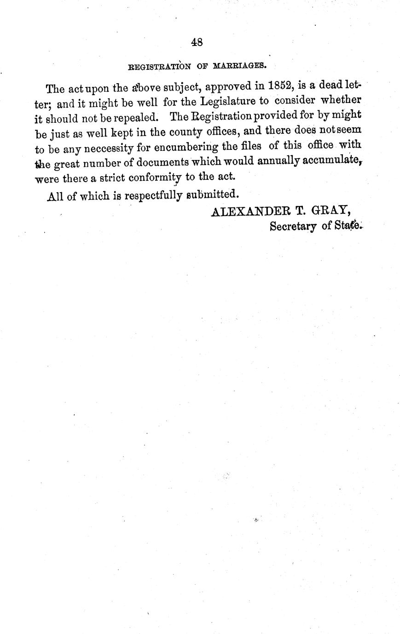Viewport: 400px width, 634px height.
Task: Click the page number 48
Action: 197,42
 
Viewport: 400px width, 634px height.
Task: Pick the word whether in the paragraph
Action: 341,100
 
